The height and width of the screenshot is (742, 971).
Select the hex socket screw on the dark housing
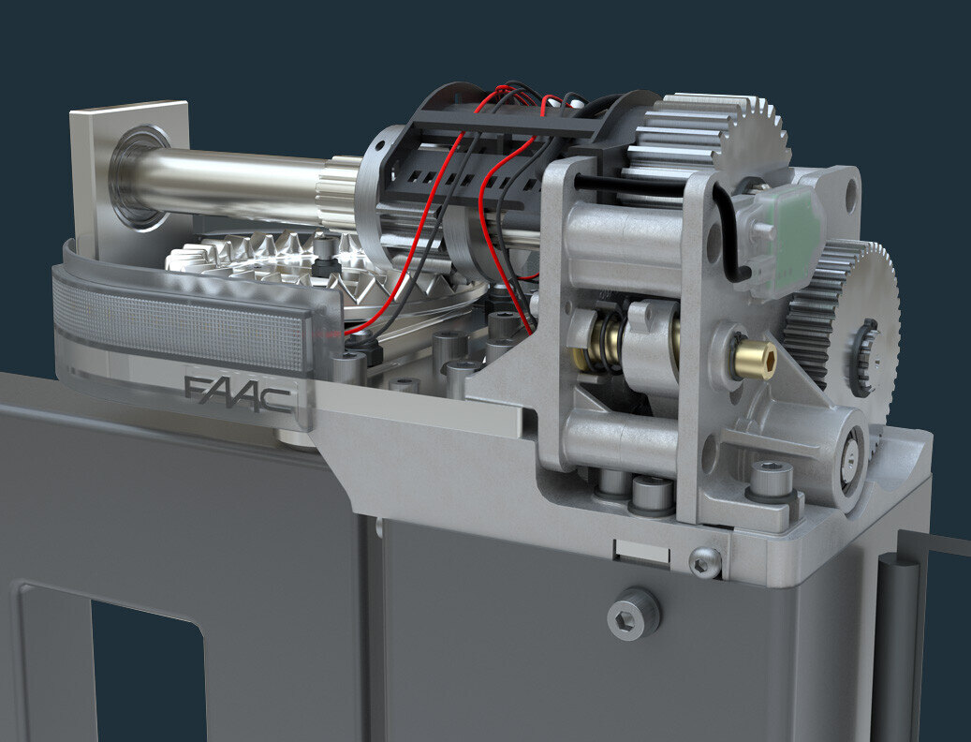point(633,615)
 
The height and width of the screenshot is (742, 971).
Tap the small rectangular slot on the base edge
point(641,552)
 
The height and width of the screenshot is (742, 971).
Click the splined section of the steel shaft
point(339,192)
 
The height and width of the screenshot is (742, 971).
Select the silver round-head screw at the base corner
point(704,562)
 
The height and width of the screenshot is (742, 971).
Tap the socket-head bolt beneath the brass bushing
point(770,480)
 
